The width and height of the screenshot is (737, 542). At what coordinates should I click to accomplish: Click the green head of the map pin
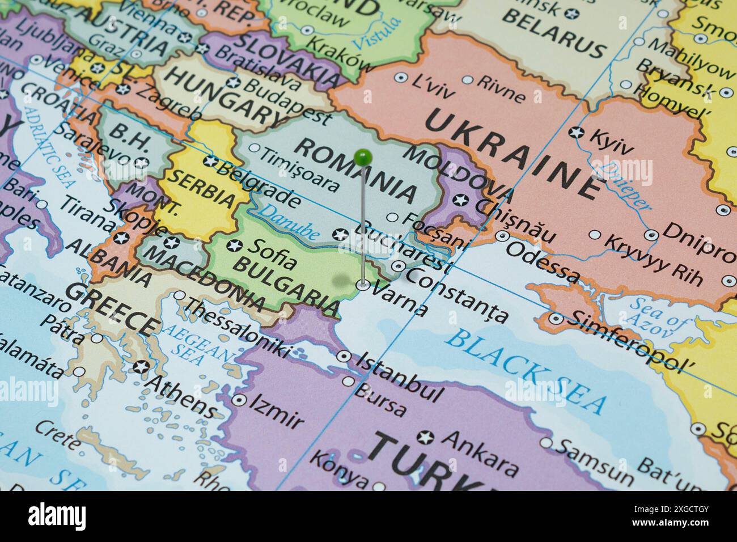click(362, 155)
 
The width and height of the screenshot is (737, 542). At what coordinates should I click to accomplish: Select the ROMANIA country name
click(356, 170)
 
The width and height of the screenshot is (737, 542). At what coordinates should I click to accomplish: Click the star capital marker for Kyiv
click(577, 133)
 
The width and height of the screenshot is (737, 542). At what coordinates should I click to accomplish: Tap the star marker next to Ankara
click(425, 437)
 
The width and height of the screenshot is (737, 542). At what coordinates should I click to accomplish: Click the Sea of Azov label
click(658, 318)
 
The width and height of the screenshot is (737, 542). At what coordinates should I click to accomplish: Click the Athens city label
click(181, 392)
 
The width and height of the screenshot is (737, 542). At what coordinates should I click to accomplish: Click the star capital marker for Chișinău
click(461, 200)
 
